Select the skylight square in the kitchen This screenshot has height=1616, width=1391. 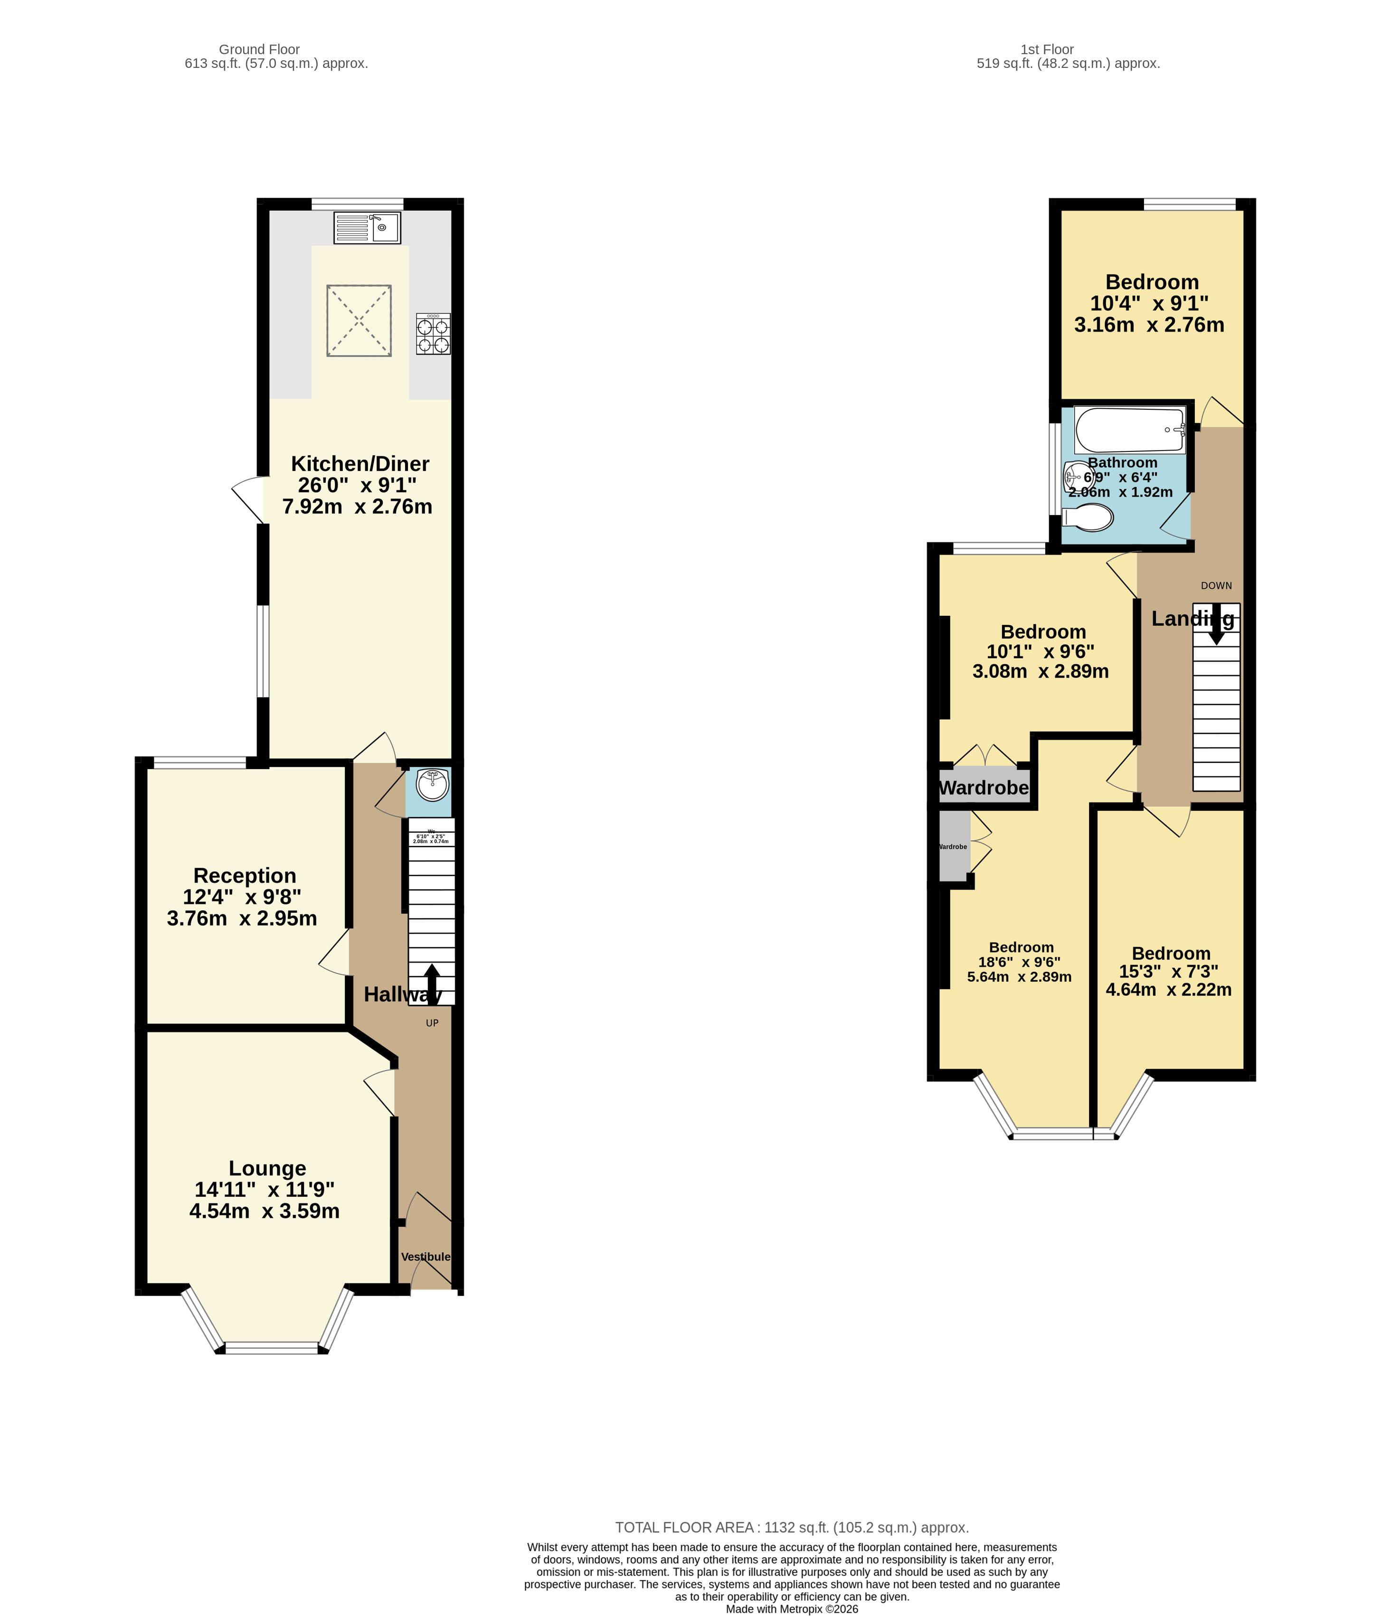pos(359,320)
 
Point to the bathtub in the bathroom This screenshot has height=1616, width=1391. pos(1130,429)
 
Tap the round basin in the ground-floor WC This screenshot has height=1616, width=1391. pos(432,785)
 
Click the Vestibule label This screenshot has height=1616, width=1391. pos(425,1257)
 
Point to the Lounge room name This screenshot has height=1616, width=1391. pos(267,1168)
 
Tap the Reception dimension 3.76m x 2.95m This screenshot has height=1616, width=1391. pos(242,919)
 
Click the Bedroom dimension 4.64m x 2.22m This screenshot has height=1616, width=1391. pos(1169,990)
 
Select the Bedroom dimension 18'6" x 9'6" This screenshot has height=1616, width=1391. pos(1020,962)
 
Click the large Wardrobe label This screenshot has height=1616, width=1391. pos(984,788)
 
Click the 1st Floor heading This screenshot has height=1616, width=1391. pos(1047,49)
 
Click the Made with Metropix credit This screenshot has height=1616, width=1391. pos(792,1609)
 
